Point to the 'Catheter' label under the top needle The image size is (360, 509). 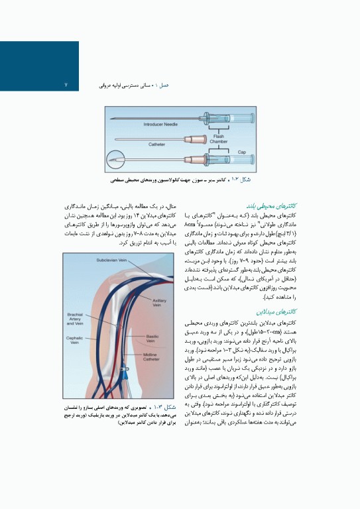coord(156,143)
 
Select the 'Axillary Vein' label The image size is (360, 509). coord(159,304)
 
